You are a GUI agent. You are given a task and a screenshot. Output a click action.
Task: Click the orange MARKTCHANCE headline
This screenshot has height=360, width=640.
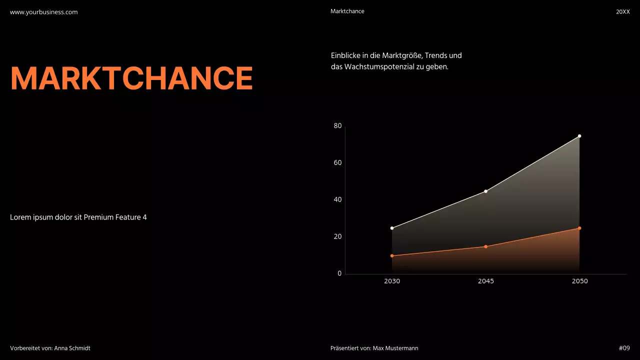[x=131, y=78]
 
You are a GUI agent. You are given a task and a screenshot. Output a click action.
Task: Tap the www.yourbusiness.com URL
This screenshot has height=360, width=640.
[x=44, y=12]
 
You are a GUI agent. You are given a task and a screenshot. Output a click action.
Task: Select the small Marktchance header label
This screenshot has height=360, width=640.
[x=347, y=11]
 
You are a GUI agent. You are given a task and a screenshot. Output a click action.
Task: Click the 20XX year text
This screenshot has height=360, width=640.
[x=622, y=11]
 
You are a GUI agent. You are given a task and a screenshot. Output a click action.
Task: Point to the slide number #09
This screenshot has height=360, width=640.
[x=624, y=348]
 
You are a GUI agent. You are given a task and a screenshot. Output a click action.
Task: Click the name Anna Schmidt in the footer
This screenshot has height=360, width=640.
[x=72, y=348]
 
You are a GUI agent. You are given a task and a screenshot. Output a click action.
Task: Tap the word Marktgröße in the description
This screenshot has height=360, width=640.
[x=401, y=55]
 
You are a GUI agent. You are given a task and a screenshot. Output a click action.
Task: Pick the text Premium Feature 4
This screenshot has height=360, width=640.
[x=115, y=217]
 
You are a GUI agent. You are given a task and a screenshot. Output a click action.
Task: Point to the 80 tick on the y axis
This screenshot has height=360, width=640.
[x=337, y=126]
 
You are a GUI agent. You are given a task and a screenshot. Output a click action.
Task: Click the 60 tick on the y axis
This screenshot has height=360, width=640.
[x=337, y=163]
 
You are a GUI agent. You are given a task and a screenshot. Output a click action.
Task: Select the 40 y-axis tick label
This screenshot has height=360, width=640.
[x=337, y=200]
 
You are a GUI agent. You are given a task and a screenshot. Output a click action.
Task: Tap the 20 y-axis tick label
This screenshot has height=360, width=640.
[x=337, y=236]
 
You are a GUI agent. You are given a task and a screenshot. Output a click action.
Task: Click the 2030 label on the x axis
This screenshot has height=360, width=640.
[x=392, y=281]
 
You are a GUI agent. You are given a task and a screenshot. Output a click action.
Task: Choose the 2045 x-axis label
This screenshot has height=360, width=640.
[x=485, y=281]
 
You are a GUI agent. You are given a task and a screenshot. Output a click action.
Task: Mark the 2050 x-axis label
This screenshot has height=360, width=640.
[x=579, y=281]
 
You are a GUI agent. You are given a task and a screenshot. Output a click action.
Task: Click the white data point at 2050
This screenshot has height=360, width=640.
[x=579, y=136]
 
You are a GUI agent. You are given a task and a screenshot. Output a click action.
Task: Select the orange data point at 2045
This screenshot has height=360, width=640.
[x=485, y=246]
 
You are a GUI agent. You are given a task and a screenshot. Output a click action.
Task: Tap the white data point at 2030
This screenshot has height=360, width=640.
[x=392, y=228]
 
